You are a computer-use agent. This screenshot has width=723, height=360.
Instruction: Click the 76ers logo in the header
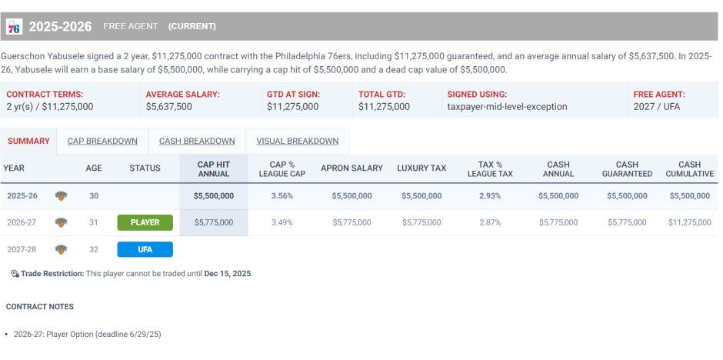point(13,27)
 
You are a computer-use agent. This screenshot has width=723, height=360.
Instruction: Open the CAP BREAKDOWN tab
point(102,141)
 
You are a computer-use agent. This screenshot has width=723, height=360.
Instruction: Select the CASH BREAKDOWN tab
point(197,141)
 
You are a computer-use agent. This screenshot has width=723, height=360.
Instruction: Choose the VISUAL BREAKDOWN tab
point(297,141)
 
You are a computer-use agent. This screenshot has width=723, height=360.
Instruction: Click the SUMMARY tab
point(28,141)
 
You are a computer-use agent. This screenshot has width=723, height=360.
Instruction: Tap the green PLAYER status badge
point(145,222)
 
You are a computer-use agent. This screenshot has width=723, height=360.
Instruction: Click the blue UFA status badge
point(145,249)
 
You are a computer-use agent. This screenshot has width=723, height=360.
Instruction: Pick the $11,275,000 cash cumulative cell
point(689,222)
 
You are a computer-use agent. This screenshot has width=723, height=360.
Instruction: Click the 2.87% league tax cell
point(489,222)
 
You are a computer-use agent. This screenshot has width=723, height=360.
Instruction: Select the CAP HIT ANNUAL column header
point(213,168)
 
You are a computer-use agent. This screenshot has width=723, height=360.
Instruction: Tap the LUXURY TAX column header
point(421,168)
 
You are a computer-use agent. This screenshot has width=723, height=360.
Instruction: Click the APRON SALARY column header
point(352,168)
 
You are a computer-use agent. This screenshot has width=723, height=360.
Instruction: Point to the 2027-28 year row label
point(22,249)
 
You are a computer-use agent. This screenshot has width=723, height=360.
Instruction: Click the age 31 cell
point(94,222)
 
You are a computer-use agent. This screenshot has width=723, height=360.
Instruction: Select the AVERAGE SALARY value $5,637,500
point(168,107)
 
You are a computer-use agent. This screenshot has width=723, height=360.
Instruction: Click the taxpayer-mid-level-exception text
point(507,107)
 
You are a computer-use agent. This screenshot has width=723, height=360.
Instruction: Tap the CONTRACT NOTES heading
point(40,306)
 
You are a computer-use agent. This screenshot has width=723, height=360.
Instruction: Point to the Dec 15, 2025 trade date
point(228,274)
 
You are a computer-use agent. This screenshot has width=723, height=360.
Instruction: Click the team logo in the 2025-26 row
point(62,195)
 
